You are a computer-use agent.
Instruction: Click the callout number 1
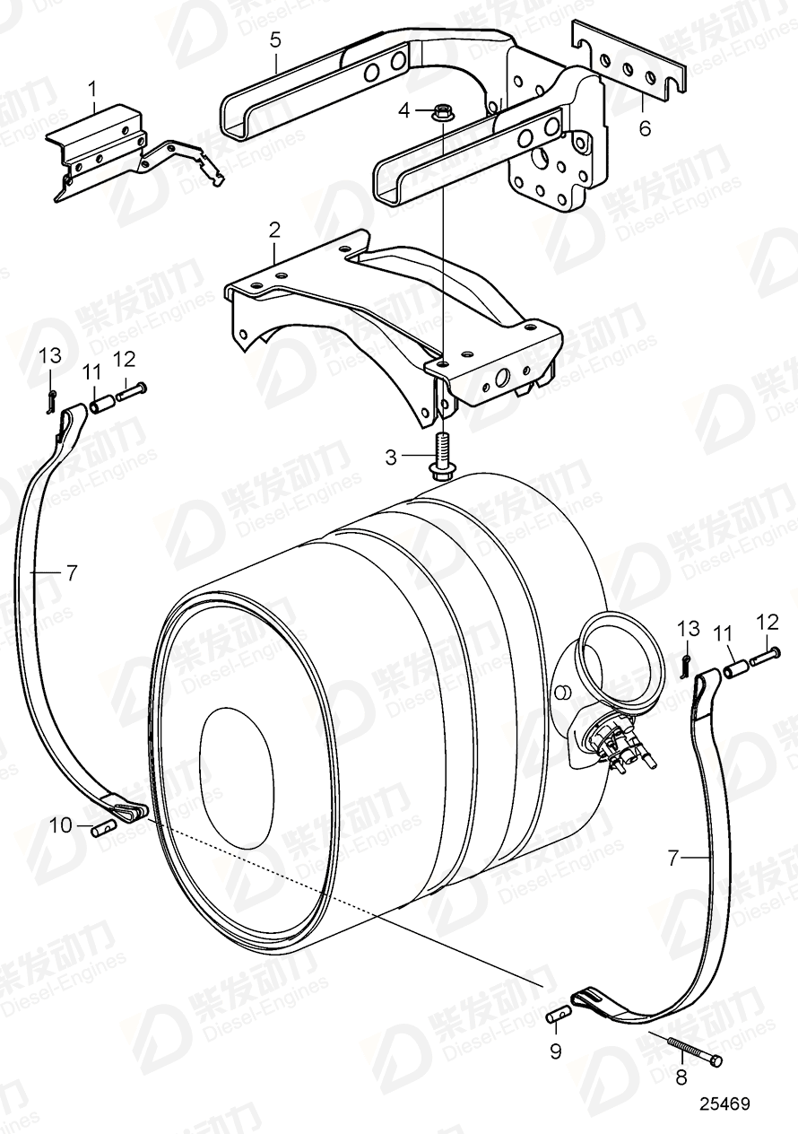coord(91,88)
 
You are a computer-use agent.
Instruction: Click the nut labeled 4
coord(440,113)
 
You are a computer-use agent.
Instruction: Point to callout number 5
coord(275,39)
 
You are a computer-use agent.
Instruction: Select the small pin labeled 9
coord(559,1015)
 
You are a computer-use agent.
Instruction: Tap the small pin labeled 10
coord(104,828)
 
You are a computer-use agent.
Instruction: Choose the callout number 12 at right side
coord(767,621)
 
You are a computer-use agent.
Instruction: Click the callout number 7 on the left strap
coord(72,571)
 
